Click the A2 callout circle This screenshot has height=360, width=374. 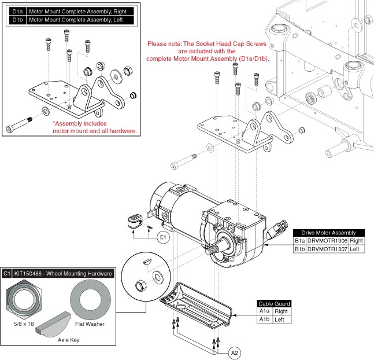(235, 351)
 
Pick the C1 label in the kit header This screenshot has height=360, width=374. (8, 273)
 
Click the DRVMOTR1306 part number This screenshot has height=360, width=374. (328, 240)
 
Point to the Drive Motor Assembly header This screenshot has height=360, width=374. (325, 233)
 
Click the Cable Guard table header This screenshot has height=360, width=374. (274, 303)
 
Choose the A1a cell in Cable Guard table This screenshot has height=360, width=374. (264, 311)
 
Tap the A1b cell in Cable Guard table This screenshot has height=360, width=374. (264, 319)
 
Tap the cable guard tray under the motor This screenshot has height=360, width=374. (197, 299)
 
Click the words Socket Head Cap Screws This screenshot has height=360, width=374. (237, 44)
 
